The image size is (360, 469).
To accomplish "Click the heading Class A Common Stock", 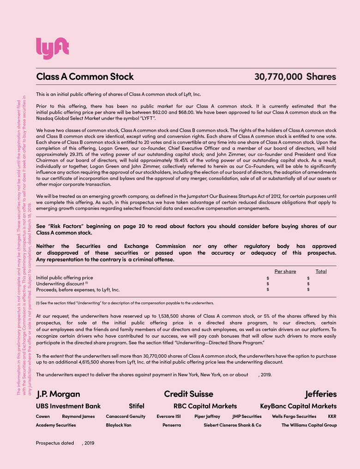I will click(85, 77).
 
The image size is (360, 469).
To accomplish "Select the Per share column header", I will click(285, 271).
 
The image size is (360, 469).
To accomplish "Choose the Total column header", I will click(321, 271).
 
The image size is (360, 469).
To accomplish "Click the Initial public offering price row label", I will click(65, 278).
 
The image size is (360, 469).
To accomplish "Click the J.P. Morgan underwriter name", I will click(58, 394).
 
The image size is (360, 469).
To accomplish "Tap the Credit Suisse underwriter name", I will click(189, 394).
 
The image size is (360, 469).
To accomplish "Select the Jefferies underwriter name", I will click(321, 394).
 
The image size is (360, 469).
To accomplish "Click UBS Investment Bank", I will click(68, 406).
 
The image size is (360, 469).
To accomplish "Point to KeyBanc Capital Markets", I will click(298, 406).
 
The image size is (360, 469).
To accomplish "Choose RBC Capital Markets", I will click(205, 406).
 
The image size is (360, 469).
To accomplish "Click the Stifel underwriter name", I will click(137, 406).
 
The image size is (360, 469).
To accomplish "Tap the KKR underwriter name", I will click(332, 416).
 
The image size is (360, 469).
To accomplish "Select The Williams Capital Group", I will click(309, 425).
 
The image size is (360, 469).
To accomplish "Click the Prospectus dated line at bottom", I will click(64, 443).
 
